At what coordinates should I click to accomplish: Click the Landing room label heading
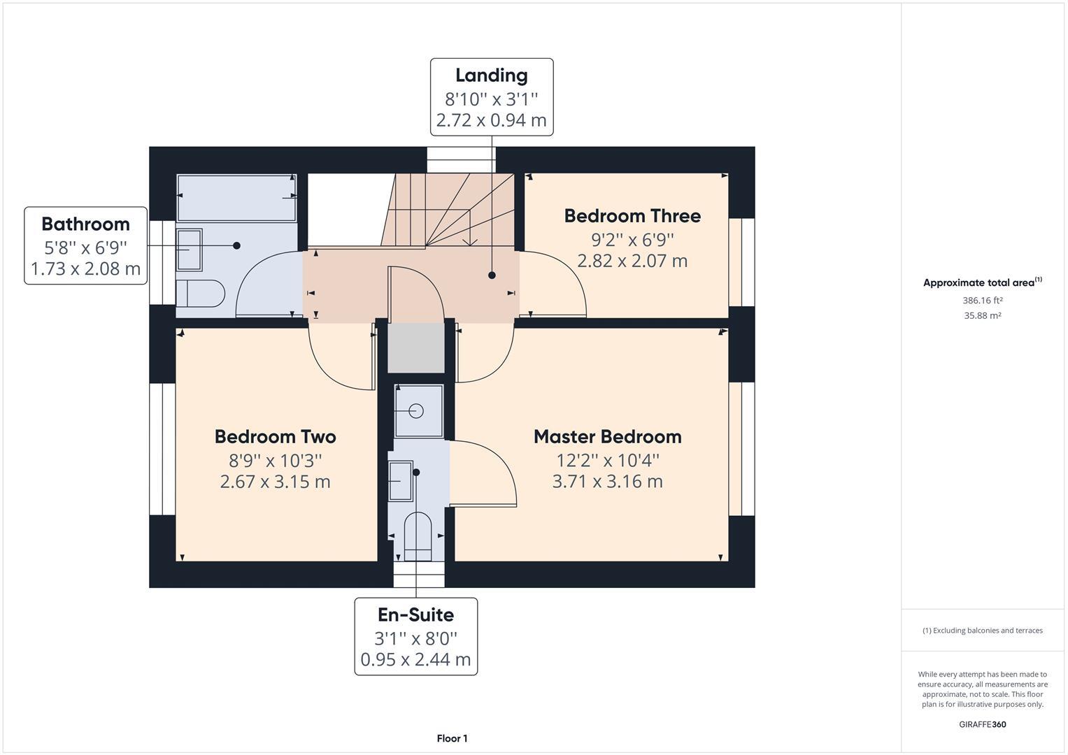coord(491,75)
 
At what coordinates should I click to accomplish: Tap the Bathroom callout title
coord(85,224)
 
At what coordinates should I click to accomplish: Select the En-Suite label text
coord(415,615)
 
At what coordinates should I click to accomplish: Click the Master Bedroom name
coord(607,437)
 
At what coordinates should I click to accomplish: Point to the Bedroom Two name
coord(275,437)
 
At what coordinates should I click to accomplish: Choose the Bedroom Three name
coord(632,216)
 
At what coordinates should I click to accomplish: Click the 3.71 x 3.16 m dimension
coord(607,482)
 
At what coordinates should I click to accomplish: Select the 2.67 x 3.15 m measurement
coord(275,482)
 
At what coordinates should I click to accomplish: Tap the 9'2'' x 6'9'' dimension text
coord(632,240)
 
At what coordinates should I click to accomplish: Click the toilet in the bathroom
coord(200,294)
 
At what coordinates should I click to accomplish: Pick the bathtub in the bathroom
coord(236,198)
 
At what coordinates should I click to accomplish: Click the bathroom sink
coord(189,249)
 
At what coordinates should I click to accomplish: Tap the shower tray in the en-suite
coord(418,411)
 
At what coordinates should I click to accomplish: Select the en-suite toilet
coord(418,536)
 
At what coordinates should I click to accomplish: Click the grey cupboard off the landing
coord(416,347)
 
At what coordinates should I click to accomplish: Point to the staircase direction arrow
coord(470,241)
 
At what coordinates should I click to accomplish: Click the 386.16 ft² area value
coord(982,301)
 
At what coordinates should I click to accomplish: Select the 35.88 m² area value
coord(982,316)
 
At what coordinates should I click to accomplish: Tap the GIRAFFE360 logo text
coord(982,724)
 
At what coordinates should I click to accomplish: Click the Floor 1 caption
coord(452,738)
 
